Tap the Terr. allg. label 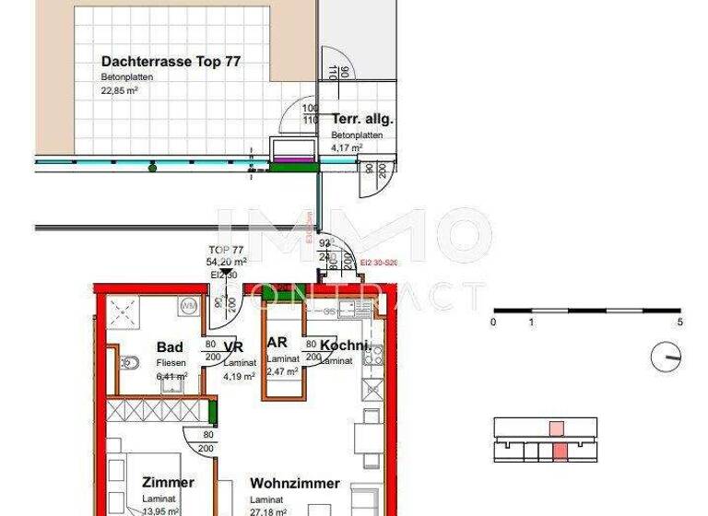pyautogui.click(x=363, y=120)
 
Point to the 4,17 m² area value pyautogui.click(x=348, y=146)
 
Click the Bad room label pyautogui.click(x=170, y=347)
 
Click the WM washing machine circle pyautogui.click(x=189, y=304)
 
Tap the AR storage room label pyautogui.click(x=277, y=343)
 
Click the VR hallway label pyautogui.click(x=234, y=347)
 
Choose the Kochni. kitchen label pyautogui.click(x=345, y=346)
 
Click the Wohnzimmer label pyautogui.click(x=296, y=483)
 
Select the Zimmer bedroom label pyautogui.click(x=168, y=483)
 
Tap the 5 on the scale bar pyautogui.click(x=679, y=322)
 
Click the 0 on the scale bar pyautogui.click(x=493, y=322)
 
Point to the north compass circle pyautogui.click(x=666, y=356)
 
